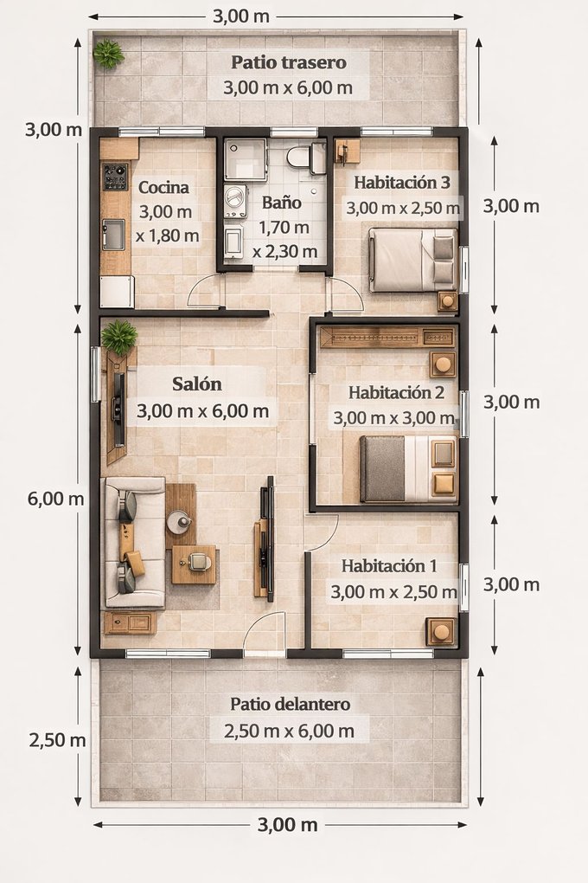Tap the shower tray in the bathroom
(x=246, y=159)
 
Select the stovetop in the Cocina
(x=115, y=177)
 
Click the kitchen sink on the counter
(x=113, y=235)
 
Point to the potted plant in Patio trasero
(x=108, y=54)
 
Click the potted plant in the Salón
(x=119, y=337)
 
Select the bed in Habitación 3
(x=413, y=260)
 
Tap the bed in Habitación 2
(x=408, y=468)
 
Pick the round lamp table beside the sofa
(x=180, y=521)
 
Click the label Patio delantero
(x=291, y=704)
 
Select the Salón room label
(x=197, y=384)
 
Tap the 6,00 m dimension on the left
(x=55, y=499)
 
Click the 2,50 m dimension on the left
(x=57, y=740)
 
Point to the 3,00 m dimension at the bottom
(x=288, y=825)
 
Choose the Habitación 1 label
(x=389, y=565)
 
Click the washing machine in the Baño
(x=236, y=203)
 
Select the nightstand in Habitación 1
(x=442, y=632)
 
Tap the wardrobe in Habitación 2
(x=387, y=338)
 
